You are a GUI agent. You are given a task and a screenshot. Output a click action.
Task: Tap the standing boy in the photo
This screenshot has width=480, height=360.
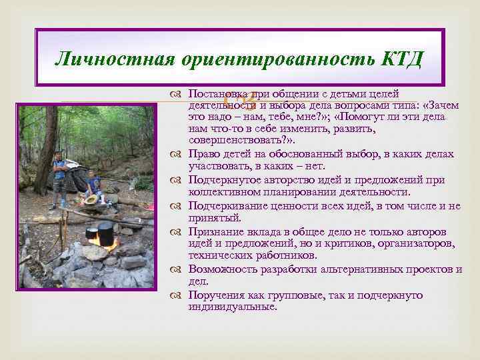pos(60,173)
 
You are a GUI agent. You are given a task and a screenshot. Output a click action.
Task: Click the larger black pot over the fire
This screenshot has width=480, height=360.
pos(105,233)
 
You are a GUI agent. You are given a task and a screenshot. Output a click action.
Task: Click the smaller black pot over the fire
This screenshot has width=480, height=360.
pos(91,233)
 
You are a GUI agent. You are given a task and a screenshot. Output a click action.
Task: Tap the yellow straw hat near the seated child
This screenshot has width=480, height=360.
pos(91,199)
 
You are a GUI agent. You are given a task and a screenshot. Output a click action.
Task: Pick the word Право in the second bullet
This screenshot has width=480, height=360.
pos(203,155)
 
